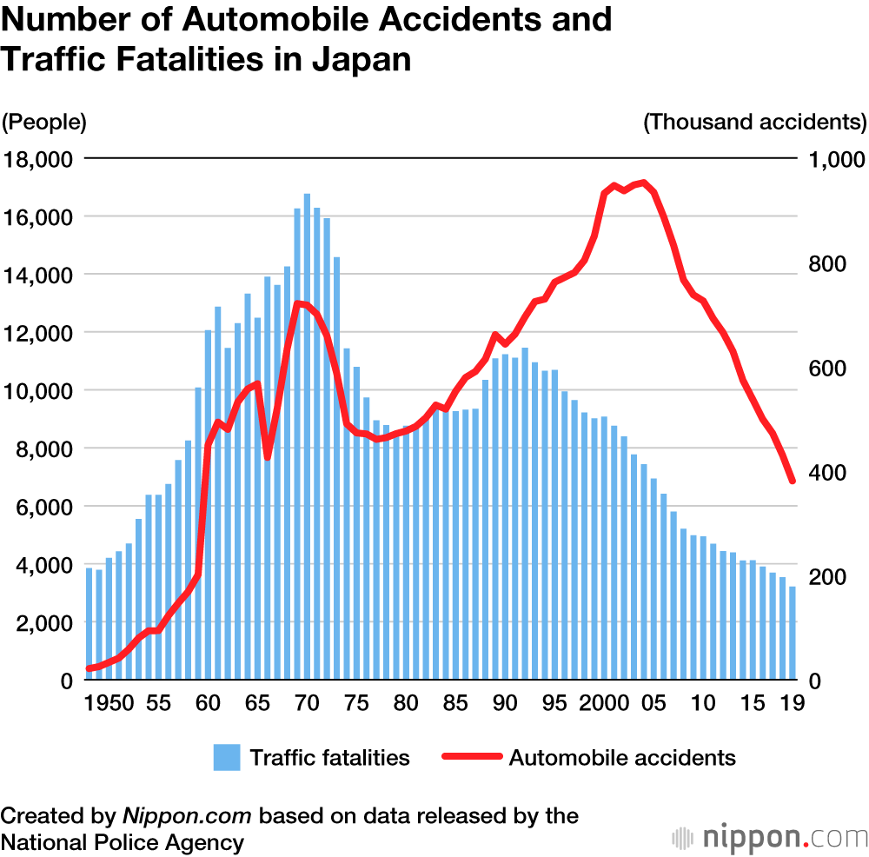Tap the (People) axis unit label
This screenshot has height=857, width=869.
pos(44,122)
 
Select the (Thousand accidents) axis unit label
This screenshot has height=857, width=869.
pos(754,122)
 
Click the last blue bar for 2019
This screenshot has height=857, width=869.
pos(793,632)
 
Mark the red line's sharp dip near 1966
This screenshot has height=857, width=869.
pos(268,457)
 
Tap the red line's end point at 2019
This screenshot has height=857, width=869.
pos(793,481)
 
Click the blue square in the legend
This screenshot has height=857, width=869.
pos(227,757)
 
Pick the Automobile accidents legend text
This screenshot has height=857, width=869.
pos(622,757)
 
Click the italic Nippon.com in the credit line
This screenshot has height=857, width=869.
pos(187,816)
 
